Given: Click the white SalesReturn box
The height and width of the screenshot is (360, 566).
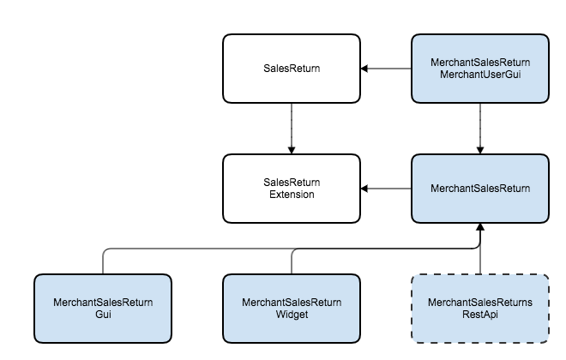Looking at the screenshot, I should pyautogui.click(x=292, y=69).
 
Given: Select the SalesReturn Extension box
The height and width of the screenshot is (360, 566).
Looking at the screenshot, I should pyautogui.click(x=292, y=189).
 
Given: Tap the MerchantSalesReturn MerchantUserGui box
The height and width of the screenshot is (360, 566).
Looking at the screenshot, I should pyautogui.click(x=480, y=69).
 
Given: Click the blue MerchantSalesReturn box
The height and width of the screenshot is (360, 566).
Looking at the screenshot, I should pyautogui.click(x=480, y=189).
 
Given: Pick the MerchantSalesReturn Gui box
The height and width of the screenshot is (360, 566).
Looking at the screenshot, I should pyautogui.click(x=103, y=309).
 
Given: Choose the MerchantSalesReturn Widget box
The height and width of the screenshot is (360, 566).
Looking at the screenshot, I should pyautogui.click(x=292, y=309).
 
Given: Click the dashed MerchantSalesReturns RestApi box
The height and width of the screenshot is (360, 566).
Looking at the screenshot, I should pyautogui.click(x=480, y=309).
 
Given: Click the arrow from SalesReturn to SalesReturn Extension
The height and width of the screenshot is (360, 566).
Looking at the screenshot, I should pyautogui.click(x=292, y=129).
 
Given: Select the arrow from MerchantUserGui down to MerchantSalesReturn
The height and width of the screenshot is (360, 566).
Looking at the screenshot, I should pyautogui.click(x=480, y=129).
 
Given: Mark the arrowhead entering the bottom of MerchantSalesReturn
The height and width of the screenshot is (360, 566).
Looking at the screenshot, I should pyautogui.click(x=480, y=227).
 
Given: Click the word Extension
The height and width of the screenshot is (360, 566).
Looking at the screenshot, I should pyautogui.click(x=292, y=195).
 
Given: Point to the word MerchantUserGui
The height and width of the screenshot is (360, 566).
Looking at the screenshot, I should pyautogui.click(x=480, y=75).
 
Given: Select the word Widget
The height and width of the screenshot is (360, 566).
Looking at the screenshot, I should pyautogui.click(x=292, y=315).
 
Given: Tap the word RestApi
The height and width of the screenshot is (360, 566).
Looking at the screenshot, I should pyautogui.click(x=480, y=315).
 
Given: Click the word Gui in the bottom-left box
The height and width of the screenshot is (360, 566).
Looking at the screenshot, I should pyautogui.click(x=103, y=315).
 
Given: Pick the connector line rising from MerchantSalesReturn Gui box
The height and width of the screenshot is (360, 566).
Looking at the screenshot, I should pyautogui.click(x=103, y=261).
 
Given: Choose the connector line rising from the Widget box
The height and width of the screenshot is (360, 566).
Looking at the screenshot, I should pyautogui.click(x=292, y=261).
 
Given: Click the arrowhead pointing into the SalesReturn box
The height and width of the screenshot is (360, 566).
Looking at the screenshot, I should pyautogui.click(x=364, y=69).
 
